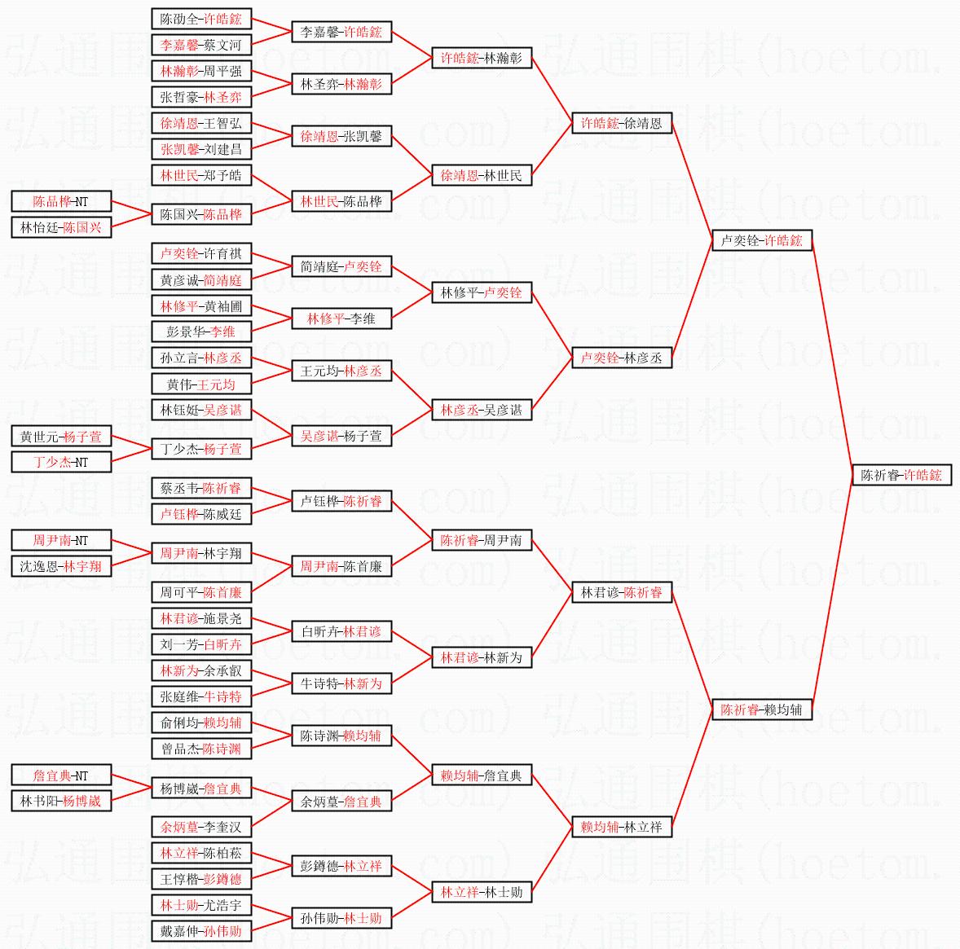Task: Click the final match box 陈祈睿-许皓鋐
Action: tap(901, 475)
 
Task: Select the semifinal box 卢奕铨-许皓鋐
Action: tap(761, 240)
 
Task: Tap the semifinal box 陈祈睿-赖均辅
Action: tap(761, 710)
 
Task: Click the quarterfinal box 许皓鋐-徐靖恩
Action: tap(621, 123)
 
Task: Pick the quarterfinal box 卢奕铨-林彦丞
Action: tap(621, 358)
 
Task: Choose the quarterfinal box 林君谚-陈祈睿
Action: tap(621, 592)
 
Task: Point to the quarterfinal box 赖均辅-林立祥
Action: tap(621, 827)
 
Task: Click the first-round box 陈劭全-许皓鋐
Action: tap(201, 19)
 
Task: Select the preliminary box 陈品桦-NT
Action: tap(61, 201)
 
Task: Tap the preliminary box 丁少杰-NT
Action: tap(61, 462)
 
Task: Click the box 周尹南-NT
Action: tap(61, 540)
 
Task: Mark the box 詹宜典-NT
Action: tap(61, 775)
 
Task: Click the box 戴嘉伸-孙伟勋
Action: tap(201, 931)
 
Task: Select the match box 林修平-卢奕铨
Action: tap(481, 292)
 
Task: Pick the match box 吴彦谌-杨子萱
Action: tap(341, 436)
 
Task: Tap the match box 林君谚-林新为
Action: tap(481, 657)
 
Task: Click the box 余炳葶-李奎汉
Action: tap(201, 827)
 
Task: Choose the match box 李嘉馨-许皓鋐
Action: tap(341, 32)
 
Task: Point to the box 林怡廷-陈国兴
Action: tap(61, 227)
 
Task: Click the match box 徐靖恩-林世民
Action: tap(481, 175)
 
